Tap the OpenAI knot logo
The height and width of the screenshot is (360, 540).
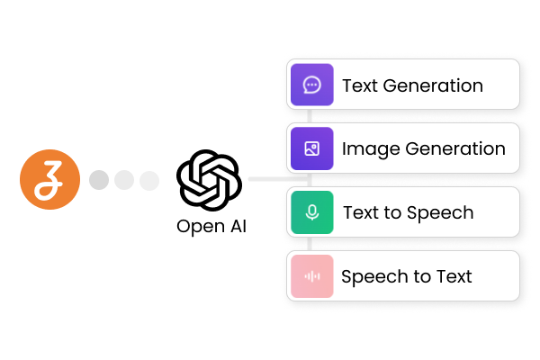210,180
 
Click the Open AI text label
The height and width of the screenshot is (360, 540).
211,226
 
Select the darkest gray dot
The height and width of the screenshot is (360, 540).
99,180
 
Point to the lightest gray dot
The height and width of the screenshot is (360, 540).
148,180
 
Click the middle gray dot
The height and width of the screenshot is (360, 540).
124,180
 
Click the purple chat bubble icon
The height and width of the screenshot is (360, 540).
312,85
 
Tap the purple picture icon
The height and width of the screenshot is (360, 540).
312,148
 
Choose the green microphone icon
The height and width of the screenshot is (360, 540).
312,212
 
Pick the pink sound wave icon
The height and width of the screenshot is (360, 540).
312,276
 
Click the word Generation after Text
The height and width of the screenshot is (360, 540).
433,86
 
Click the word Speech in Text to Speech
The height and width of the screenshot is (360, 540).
442,213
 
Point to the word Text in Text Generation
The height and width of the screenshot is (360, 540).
360,86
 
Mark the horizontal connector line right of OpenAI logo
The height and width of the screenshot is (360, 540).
265,179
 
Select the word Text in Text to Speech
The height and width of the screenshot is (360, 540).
361,213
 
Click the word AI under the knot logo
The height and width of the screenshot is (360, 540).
236,226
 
